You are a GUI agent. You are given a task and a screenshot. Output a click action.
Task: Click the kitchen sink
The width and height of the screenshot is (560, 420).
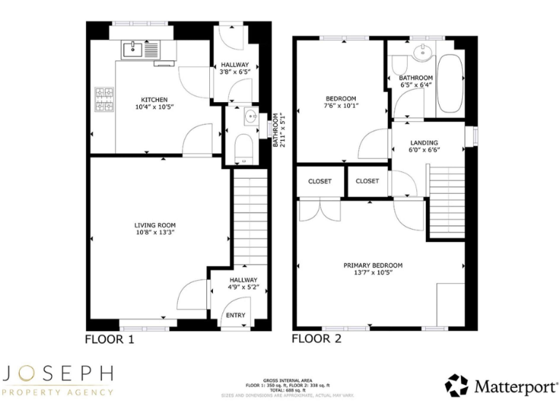[x=133, y=50]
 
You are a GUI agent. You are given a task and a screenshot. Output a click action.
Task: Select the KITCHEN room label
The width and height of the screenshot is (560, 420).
[x=155, y=99]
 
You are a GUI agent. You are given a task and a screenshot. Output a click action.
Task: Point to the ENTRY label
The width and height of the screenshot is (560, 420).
[x=236, y=315]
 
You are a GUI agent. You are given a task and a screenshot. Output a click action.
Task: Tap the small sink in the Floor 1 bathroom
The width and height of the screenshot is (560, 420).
[x=251, y=114]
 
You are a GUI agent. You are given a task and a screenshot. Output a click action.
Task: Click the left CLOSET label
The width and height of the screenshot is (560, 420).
[x=319, y=181]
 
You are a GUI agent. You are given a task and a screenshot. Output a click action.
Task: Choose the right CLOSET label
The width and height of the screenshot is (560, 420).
[x=367, y=181]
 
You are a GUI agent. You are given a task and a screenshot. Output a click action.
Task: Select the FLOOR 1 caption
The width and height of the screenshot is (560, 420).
[x=109, y=339]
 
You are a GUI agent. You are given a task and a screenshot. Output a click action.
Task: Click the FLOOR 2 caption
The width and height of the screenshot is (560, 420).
[x=316, y=338]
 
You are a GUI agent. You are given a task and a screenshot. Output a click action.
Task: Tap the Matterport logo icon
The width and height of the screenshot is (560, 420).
[x=456, y=385]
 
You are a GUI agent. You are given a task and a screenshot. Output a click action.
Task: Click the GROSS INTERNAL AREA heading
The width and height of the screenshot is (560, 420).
[x=279, y=380]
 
